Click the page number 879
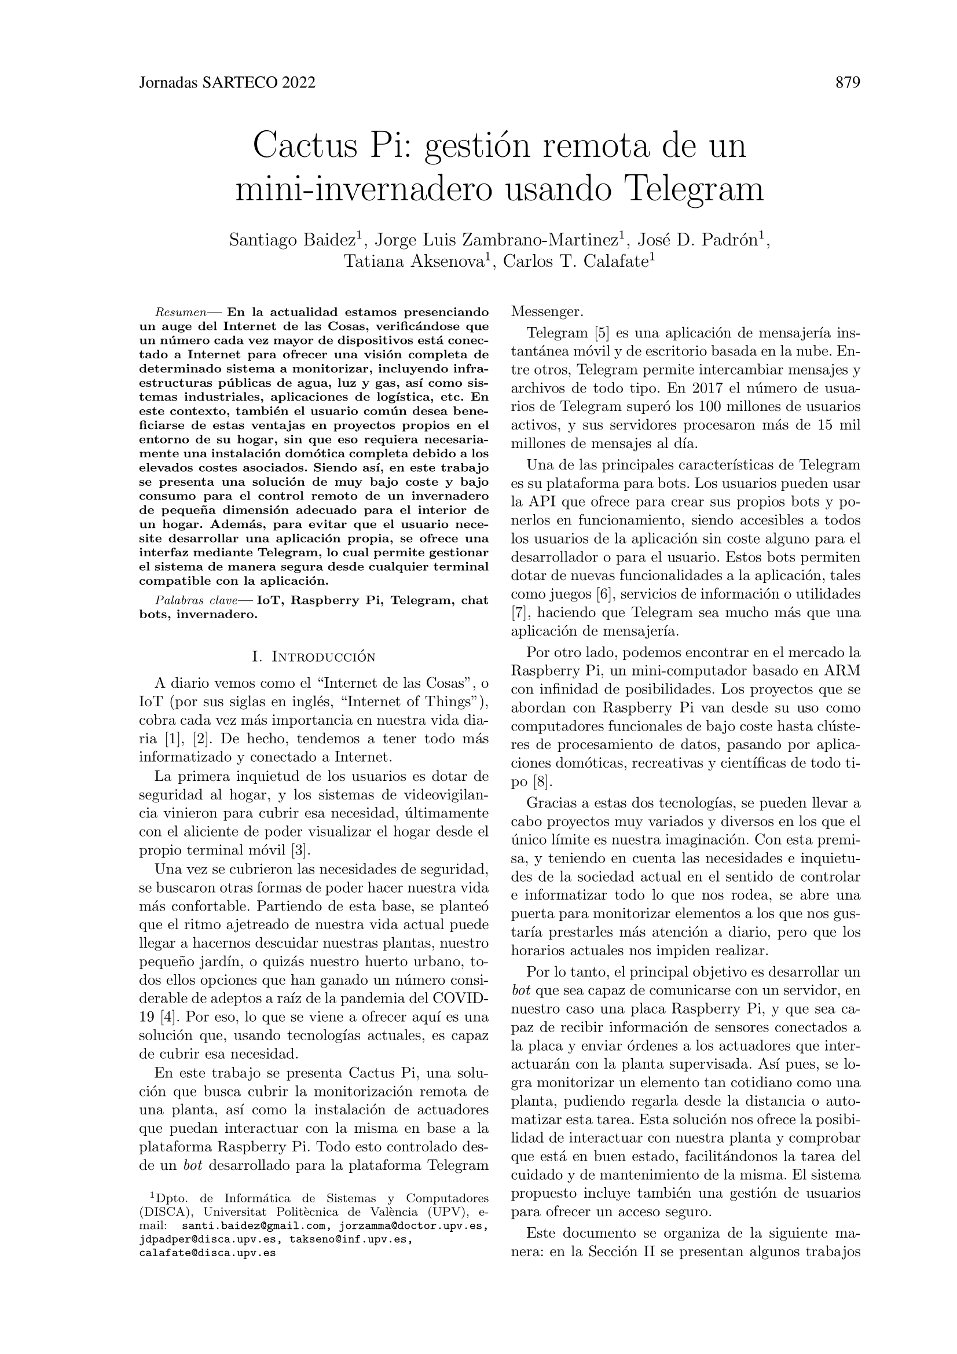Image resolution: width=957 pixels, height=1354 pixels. (848, 83)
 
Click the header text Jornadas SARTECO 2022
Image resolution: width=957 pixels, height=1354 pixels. (227, 83)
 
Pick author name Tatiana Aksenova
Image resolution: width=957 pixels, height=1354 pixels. (415, 261)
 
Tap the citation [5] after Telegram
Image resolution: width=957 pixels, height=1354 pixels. (602, 333)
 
